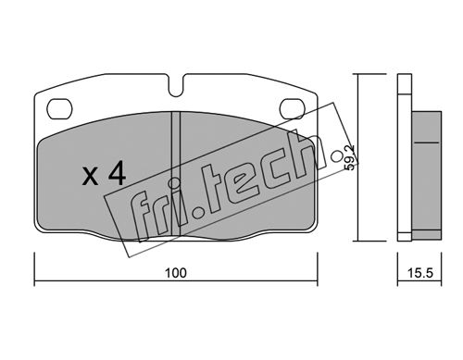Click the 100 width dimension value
[x=176, y=273]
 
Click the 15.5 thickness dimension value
[x=420, y=273]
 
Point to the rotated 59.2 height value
[x=349, y=158]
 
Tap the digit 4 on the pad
[x=117, y=174]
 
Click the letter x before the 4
[x=91, y=177]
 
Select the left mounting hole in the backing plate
[x=59, y=109]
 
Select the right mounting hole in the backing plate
[x=292, y=109]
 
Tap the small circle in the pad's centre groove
[x=175, y=183]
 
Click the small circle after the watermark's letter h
[x=336, y=156]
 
